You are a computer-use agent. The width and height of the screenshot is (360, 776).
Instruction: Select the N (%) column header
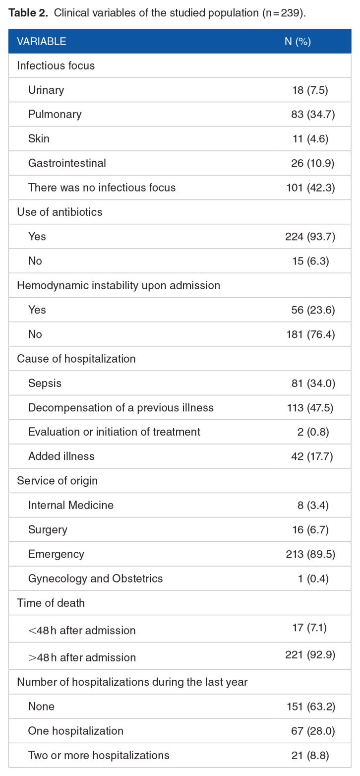(298, 41)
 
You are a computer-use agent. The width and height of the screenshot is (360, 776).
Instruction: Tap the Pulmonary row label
(55, 114)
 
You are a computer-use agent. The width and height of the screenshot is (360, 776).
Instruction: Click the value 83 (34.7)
(313, 114)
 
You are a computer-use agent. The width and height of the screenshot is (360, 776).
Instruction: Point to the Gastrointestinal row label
(67, 163)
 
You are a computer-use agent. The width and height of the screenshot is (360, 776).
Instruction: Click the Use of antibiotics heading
(60, 212)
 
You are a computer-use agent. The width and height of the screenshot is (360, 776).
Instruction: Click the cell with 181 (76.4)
(310, 334)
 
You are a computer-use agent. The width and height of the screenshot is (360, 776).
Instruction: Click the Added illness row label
(61, 456)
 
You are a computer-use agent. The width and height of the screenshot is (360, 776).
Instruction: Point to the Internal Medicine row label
(71, 505)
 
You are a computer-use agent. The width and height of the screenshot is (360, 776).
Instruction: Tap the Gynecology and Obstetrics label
(95, 579)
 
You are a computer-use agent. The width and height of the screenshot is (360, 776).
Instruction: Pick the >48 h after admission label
(82, 657)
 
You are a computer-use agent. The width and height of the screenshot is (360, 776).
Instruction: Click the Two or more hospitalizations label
(99, 755)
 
